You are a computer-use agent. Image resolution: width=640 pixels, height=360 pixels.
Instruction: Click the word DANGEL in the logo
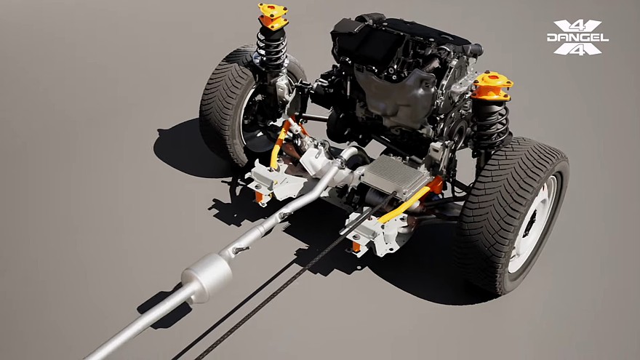click(x=577, y=38)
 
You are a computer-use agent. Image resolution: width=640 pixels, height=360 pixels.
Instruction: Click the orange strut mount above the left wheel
click(x=273, y=16)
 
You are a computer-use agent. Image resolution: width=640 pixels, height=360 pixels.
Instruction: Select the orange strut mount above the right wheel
click(x=492, y=86)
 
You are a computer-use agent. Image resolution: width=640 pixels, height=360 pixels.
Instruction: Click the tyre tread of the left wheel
click(x=223, y=106)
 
